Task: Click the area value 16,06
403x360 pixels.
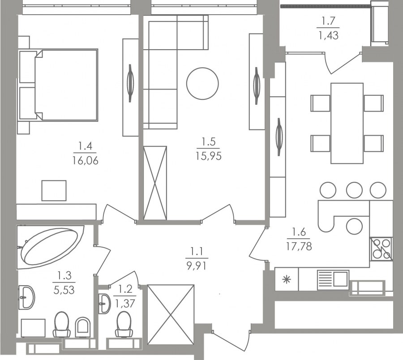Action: pyautogui.click(x=86, y=161)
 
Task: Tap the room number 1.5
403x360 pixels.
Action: pyautogui.click(x=208, y=141)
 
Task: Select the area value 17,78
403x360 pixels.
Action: pyautogui.click(x=299, y=246)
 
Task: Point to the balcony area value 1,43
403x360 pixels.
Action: pyautogui.click(x=329, y=35)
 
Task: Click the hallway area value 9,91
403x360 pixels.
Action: pyautogui.click(x=197, y=266)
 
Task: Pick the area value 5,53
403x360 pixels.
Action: pyautogui.click(x=64, y=290)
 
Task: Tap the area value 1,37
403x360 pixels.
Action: pyautogui.click(x=125, y=304)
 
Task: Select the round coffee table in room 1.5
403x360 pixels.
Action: pyautogui.click(x=202, y=83)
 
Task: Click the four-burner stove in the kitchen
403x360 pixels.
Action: pyautogui.click(x=381, y=249)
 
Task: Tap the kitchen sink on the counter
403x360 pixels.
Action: pyautogui.click(x=333, y=279)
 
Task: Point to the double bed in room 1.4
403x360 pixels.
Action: pyautogui.click(x=66, y=85)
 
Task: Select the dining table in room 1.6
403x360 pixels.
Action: pyautogui.click(x=347, y=123)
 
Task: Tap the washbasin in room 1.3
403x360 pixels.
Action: pyautogui.click(x=27, y=297)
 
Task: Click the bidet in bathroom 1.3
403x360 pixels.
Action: pyautogui.click(x=83, y=327)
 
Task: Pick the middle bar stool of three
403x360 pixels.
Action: pyautogui.click(x=354, y=190)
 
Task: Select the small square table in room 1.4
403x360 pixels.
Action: pyautogui.click(x=54, y=190)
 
